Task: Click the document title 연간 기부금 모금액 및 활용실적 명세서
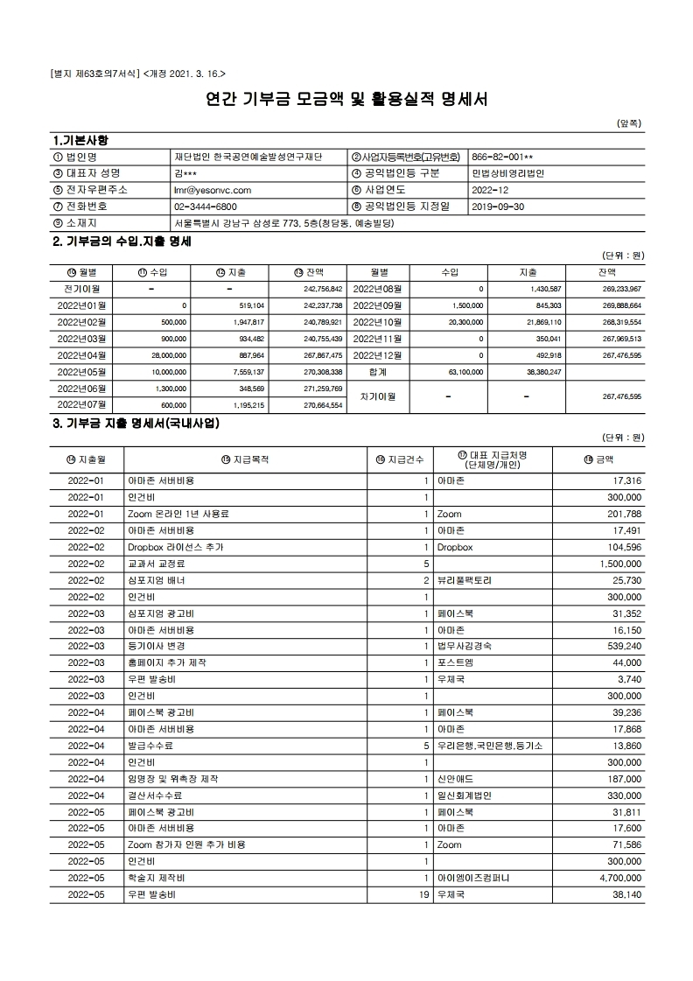click(346, 99)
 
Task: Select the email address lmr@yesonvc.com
click(213, 190)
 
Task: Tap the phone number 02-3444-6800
click(206, 207)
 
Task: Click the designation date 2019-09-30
click(498, 207)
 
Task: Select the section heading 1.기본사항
click(81, 140)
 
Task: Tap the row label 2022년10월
click(377, 322)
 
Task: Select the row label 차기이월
click(377, 396)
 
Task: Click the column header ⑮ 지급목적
click(245, 459)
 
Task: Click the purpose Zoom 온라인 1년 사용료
click(178, 515)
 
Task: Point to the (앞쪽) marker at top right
click(630, 123)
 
